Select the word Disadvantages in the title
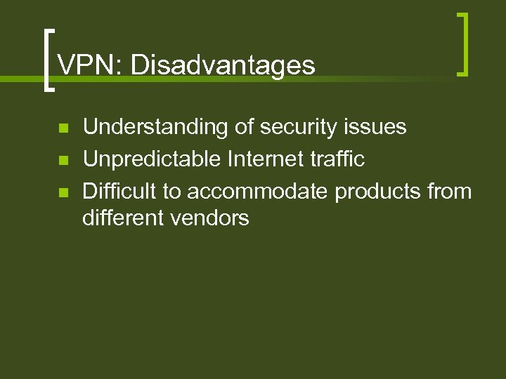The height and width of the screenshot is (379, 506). pyautogui.click(x=223, y=66)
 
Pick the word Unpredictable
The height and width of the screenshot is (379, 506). pyautogui.click(x=153, y=159)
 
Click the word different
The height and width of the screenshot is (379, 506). pyautogui.click(x=122, y=218)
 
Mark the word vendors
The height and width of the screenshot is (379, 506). pyautogui.click(x=210, y=218)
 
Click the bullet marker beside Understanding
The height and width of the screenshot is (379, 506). pyautogui.click(x=62, y=128)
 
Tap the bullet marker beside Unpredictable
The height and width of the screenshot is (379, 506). pyautogui.click(x=62, y=161)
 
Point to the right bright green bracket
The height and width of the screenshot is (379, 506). pyautogui.click(x=462, y=44)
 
